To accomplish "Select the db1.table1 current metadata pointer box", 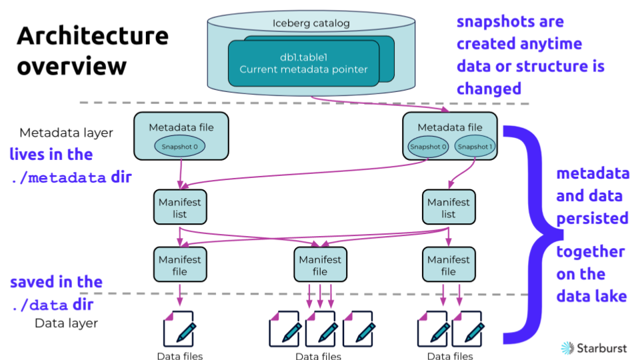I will coord(303,63).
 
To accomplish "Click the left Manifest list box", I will coord(179,207).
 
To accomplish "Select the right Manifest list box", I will coord(449,207).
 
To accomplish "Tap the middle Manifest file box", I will coord(320,265).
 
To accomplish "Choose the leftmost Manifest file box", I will coord(179,265).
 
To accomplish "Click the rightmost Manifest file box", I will coord(449,265).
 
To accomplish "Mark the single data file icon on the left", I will coord(179,328).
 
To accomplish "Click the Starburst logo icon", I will coord(567,347).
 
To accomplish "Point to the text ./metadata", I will coord(58,178).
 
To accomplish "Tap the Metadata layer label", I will coord(66,133).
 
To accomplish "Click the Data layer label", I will coord(66,323).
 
